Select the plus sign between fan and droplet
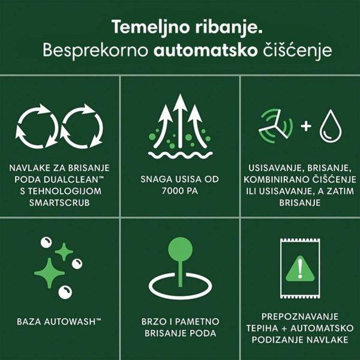tap(305, 127)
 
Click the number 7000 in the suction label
tap(169, 191)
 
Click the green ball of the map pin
tap(179, 247)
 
